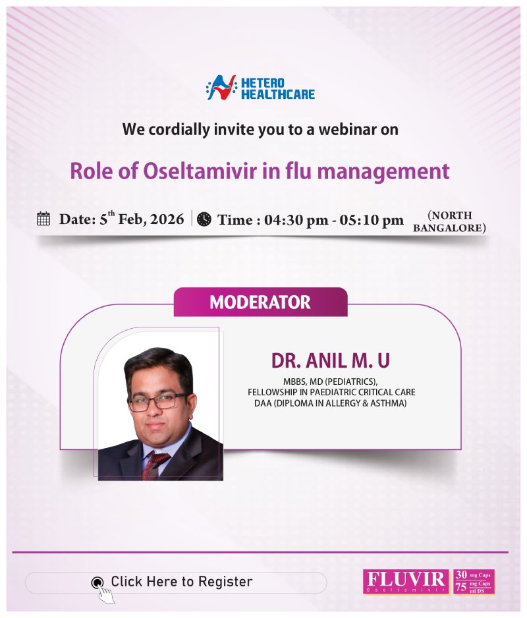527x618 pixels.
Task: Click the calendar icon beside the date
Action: point(43,219)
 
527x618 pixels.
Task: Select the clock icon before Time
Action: point(204,219)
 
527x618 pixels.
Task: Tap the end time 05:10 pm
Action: point(372,220)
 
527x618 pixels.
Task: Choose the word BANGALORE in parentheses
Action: point(449,229)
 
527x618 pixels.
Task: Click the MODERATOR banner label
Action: point(260,302)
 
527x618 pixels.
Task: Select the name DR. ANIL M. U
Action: point(330,360)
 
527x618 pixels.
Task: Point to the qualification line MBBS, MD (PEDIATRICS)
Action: point(330,381)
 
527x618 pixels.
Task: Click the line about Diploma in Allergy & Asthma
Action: point(330,403)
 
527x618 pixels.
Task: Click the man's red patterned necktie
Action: point(156,465)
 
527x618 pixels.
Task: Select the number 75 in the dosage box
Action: point(460,586)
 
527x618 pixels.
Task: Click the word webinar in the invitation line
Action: point(348,130)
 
